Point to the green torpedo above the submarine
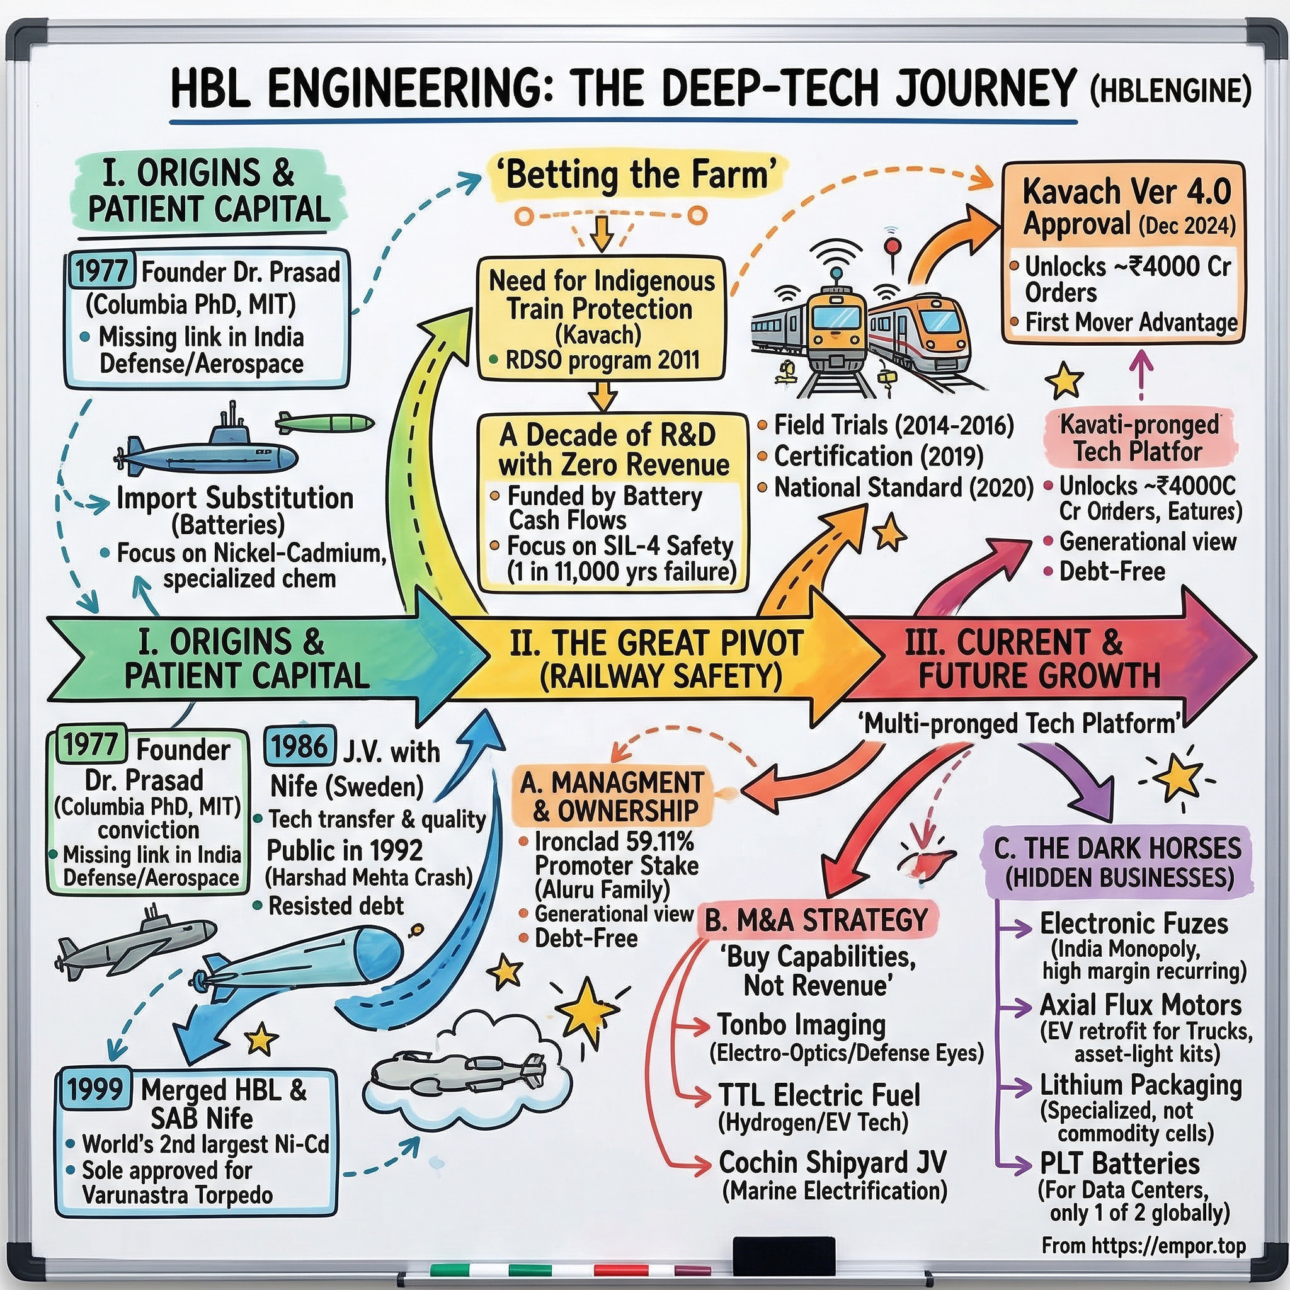pyautogui.click(x=324, y=423)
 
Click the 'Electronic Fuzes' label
pyautogui.click(x=1134, y=924)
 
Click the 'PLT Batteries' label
pyautogui.click(x=1120, y=1163)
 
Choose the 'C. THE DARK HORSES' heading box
pyautogui.click(x=1117, y=862)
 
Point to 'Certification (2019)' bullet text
pyautogui.click(x=878, y=457)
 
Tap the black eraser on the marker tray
pyautogui.click(x=783, y=1250)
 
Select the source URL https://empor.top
pyautogui.click(x=1143, y=1246)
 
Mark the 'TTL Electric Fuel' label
pyautogui.click(x=819, y=1095)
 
